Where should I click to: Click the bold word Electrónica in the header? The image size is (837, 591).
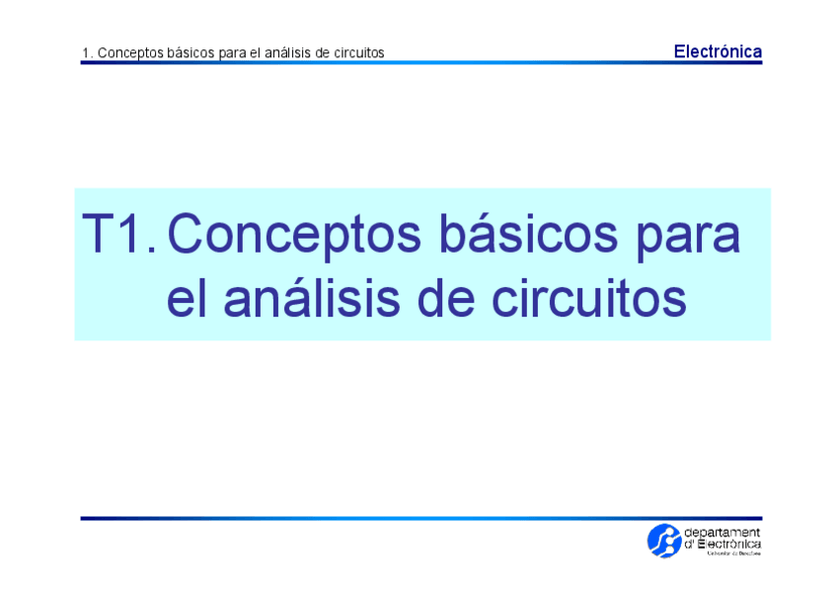[718, 51]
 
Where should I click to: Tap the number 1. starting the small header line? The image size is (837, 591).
[87, 52]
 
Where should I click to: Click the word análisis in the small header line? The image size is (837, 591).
[282, 52]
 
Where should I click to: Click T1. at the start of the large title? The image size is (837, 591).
[117, 235]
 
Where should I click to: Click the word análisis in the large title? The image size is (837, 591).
[322, 298]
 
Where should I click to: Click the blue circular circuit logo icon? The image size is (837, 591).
[663, 541]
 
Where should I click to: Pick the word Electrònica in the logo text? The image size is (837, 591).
[729, 544]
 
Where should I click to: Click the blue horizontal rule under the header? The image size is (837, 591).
[421, 62]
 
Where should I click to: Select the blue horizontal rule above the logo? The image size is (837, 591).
[421, 518]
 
